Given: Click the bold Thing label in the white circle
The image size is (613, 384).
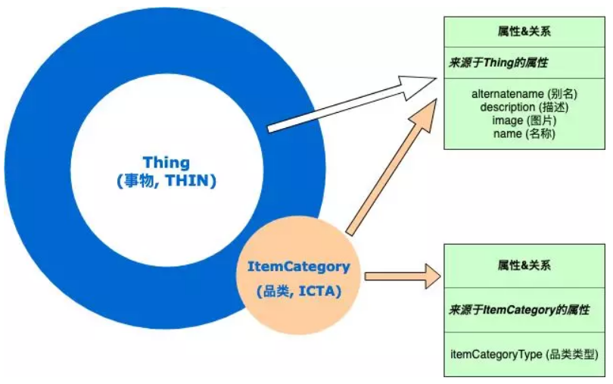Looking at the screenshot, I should (166, 162).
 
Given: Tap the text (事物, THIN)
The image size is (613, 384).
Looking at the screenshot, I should (166, 181).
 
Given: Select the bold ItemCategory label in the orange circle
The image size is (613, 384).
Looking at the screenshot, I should (299, 267).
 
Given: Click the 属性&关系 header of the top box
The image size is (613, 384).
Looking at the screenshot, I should (524, 33).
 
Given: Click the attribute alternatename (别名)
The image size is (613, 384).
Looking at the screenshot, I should (524, 95).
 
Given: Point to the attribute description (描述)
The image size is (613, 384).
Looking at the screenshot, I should (524, 108).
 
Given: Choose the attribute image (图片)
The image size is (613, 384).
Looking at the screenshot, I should (524, 120).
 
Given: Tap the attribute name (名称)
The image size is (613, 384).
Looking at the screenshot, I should (524, 133).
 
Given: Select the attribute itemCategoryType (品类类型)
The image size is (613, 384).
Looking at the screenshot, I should (524, 354).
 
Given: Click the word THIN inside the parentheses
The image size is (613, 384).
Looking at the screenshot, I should (194, 181).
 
